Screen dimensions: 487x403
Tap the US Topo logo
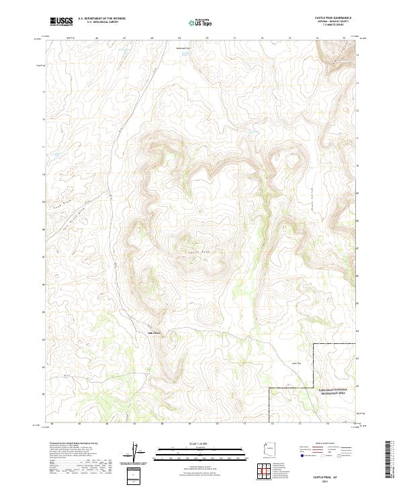(195, 22)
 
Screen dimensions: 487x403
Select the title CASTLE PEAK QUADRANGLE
(332, 17)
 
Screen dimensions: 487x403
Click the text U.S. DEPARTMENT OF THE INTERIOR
(101, 18)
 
